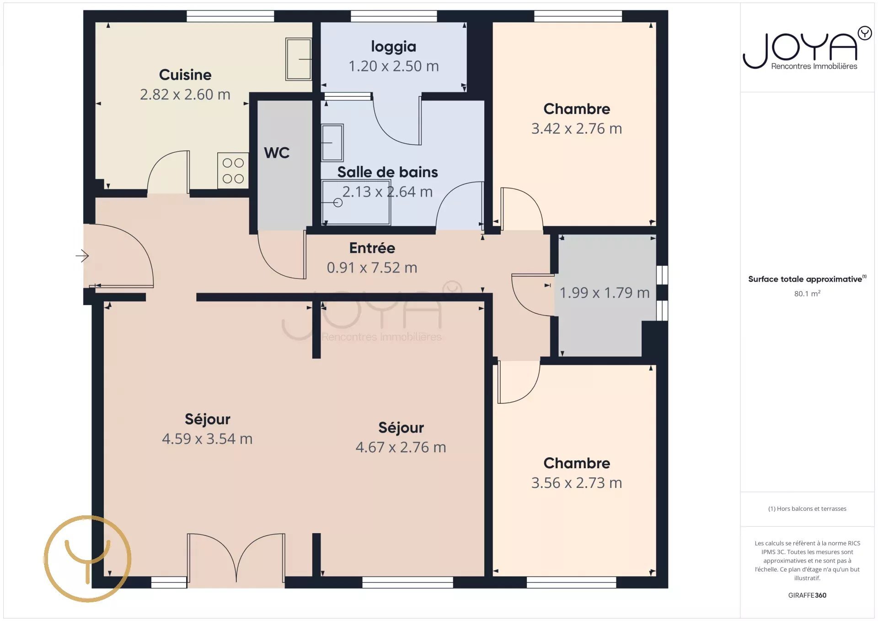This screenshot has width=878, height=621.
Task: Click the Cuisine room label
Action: tap(185, 75)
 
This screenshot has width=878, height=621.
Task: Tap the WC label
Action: tap(277, 153)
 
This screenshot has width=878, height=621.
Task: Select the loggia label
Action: tap(394, 47)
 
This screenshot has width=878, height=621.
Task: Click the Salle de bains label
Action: tap(387, 172)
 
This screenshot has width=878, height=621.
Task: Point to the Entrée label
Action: tap(372, 248)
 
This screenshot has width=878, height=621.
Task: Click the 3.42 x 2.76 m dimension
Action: tap(577, 128)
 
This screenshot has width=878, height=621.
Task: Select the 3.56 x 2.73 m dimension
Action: tap(577, 483)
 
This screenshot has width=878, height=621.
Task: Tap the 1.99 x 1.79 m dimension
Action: tap(605, 293)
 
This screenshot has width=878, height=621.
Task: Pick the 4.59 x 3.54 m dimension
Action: tap(207, 439)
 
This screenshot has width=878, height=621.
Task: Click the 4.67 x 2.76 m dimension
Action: tap(401, 447)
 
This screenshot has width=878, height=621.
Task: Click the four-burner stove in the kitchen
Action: tap(233, 171)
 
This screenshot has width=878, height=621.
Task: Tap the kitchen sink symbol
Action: tap(299, 59)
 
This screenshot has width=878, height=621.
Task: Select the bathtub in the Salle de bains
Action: tap(356, 203)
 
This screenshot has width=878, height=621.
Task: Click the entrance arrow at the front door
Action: tap(82, 256)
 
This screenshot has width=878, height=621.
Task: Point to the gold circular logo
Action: tap(87, 559)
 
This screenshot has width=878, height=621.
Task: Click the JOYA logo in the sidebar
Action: tap(807, 48)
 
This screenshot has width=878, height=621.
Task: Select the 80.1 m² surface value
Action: tap(807, 294)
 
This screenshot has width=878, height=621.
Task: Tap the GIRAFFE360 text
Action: tap(807, 595)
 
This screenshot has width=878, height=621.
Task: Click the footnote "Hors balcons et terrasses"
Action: tap(811, 509)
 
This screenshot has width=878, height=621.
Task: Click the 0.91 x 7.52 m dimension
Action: tap(372, 268)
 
